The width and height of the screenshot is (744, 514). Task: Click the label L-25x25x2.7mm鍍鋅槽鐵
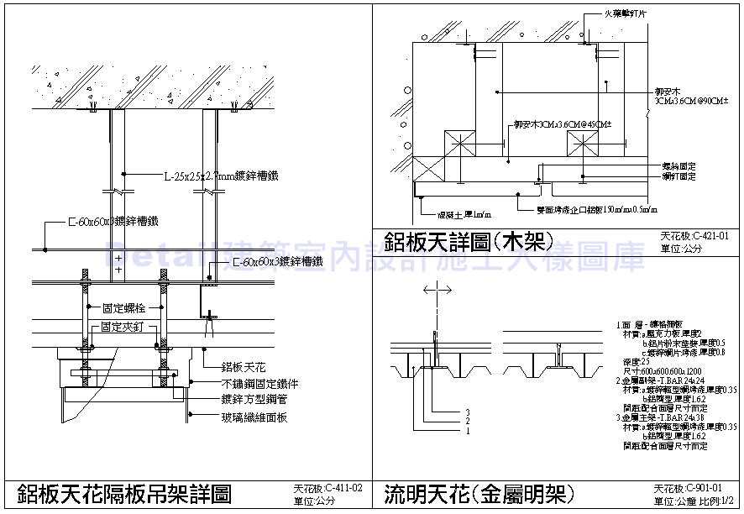tap(221, 176)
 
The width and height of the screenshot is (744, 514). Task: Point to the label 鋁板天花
tap(244, 367)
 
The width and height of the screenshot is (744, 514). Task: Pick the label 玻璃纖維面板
tap(254, 416)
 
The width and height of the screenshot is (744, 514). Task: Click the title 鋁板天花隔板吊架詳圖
tap(123, 493)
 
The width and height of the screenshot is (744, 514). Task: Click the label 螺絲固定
tap(679, 167)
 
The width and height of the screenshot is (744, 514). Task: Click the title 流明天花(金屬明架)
tap(479, 493)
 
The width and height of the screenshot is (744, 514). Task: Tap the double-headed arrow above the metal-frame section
tap(437, 289)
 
